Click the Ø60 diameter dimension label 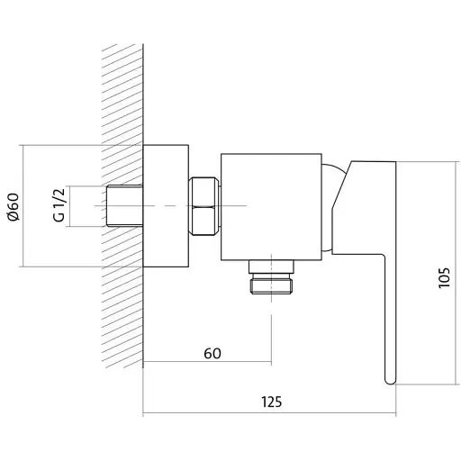(x=14, y=207)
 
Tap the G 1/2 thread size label (x=59, y=205)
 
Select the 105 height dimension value (x=444, y=277)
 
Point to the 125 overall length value (x=272, y=402)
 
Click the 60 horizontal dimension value (x=212, y=353)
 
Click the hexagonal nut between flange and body (x=204, y=206)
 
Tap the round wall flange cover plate (x=166, y=206)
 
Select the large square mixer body (x=271, y=207)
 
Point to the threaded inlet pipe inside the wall (x=124, y=205)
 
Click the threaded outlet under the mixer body (x=271, y=283)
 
